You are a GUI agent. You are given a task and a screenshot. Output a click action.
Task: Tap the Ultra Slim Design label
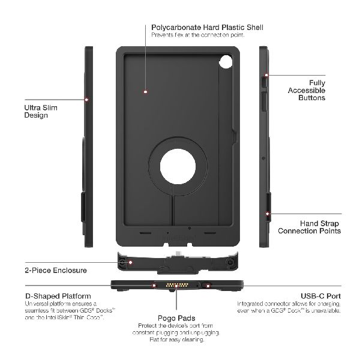[37, 111]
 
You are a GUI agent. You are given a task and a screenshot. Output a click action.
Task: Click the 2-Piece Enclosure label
[56, 270]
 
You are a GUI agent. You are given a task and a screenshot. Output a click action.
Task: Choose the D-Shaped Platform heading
[58, 296]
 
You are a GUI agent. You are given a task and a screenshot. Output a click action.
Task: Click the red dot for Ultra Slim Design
[88, 100]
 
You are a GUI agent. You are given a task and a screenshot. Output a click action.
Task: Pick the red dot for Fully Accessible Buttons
[267, 76]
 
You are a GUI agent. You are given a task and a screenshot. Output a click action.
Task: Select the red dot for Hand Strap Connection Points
[267, 212]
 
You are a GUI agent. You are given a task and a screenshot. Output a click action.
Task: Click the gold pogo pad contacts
[172, 286]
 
